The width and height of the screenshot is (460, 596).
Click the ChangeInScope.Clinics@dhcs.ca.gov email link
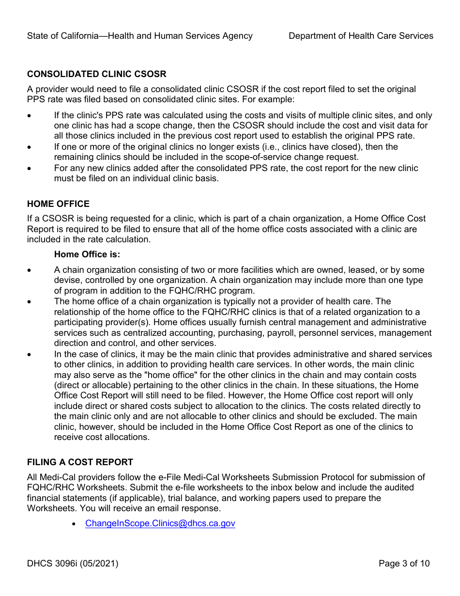(x=160, y=523)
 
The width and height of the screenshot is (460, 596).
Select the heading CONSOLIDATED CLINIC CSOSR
(x=96, y=74)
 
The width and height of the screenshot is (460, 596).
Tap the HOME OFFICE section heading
(x=58, y=204)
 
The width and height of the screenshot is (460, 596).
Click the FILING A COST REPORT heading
(x=80, y=462)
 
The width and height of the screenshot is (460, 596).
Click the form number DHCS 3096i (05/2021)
(x=73, y=564)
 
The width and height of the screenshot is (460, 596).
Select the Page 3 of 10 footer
(x=404, y=564)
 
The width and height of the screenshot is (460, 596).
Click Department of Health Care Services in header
(x=361, y=36)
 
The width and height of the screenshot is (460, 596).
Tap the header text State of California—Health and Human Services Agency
(x=139, y=36)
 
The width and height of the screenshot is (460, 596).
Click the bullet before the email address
(x=74, y=524)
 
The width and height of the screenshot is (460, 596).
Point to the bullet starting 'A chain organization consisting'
(x=30, y=270)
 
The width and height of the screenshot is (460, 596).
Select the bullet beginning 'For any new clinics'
(x=30, y=168)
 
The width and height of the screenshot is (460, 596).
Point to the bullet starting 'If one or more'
(x=30, y=147)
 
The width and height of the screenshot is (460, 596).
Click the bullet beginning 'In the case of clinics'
(x=30, y=354)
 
